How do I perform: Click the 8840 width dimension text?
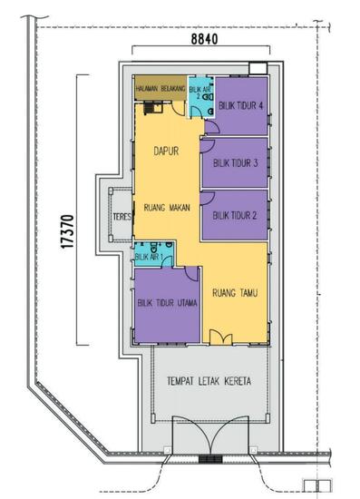click(210, 40)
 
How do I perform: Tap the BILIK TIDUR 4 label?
click(240, 105)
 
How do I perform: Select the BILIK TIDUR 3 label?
click(236, 163)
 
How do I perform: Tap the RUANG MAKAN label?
click(166, 208)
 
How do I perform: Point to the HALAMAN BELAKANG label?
click(161, 88)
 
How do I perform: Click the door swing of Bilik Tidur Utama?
click(191, 274)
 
